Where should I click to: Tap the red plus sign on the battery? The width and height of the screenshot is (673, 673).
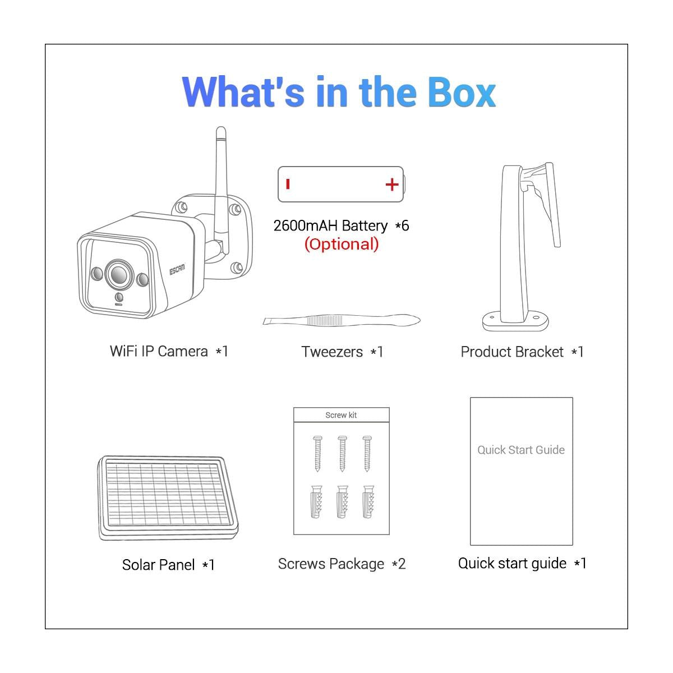click(391, 185)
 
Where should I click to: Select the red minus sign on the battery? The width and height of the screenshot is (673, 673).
click(288, 184)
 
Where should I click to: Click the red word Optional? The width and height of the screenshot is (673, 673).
click(341, 244)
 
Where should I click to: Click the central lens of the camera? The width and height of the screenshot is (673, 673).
click(118, 274)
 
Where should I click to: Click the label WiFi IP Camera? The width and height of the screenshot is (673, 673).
click(159, 351)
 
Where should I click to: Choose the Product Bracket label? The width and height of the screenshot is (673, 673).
click(511, 352)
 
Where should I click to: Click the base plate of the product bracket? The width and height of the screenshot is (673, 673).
click(515, 321)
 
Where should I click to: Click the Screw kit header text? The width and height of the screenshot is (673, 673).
click(341, 415)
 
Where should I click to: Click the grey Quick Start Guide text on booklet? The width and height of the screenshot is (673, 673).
click(521, 450)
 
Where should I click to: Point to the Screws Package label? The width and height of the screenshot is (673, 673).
click(331, 564)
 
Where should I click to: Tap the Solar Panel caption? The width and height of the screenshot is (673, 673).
click(159, 565)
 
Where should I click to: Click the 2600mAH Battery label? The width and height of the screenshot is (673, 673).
click(330, 225)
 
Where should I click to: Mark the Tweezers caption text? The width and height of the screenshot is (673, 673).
click(332, 352)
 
